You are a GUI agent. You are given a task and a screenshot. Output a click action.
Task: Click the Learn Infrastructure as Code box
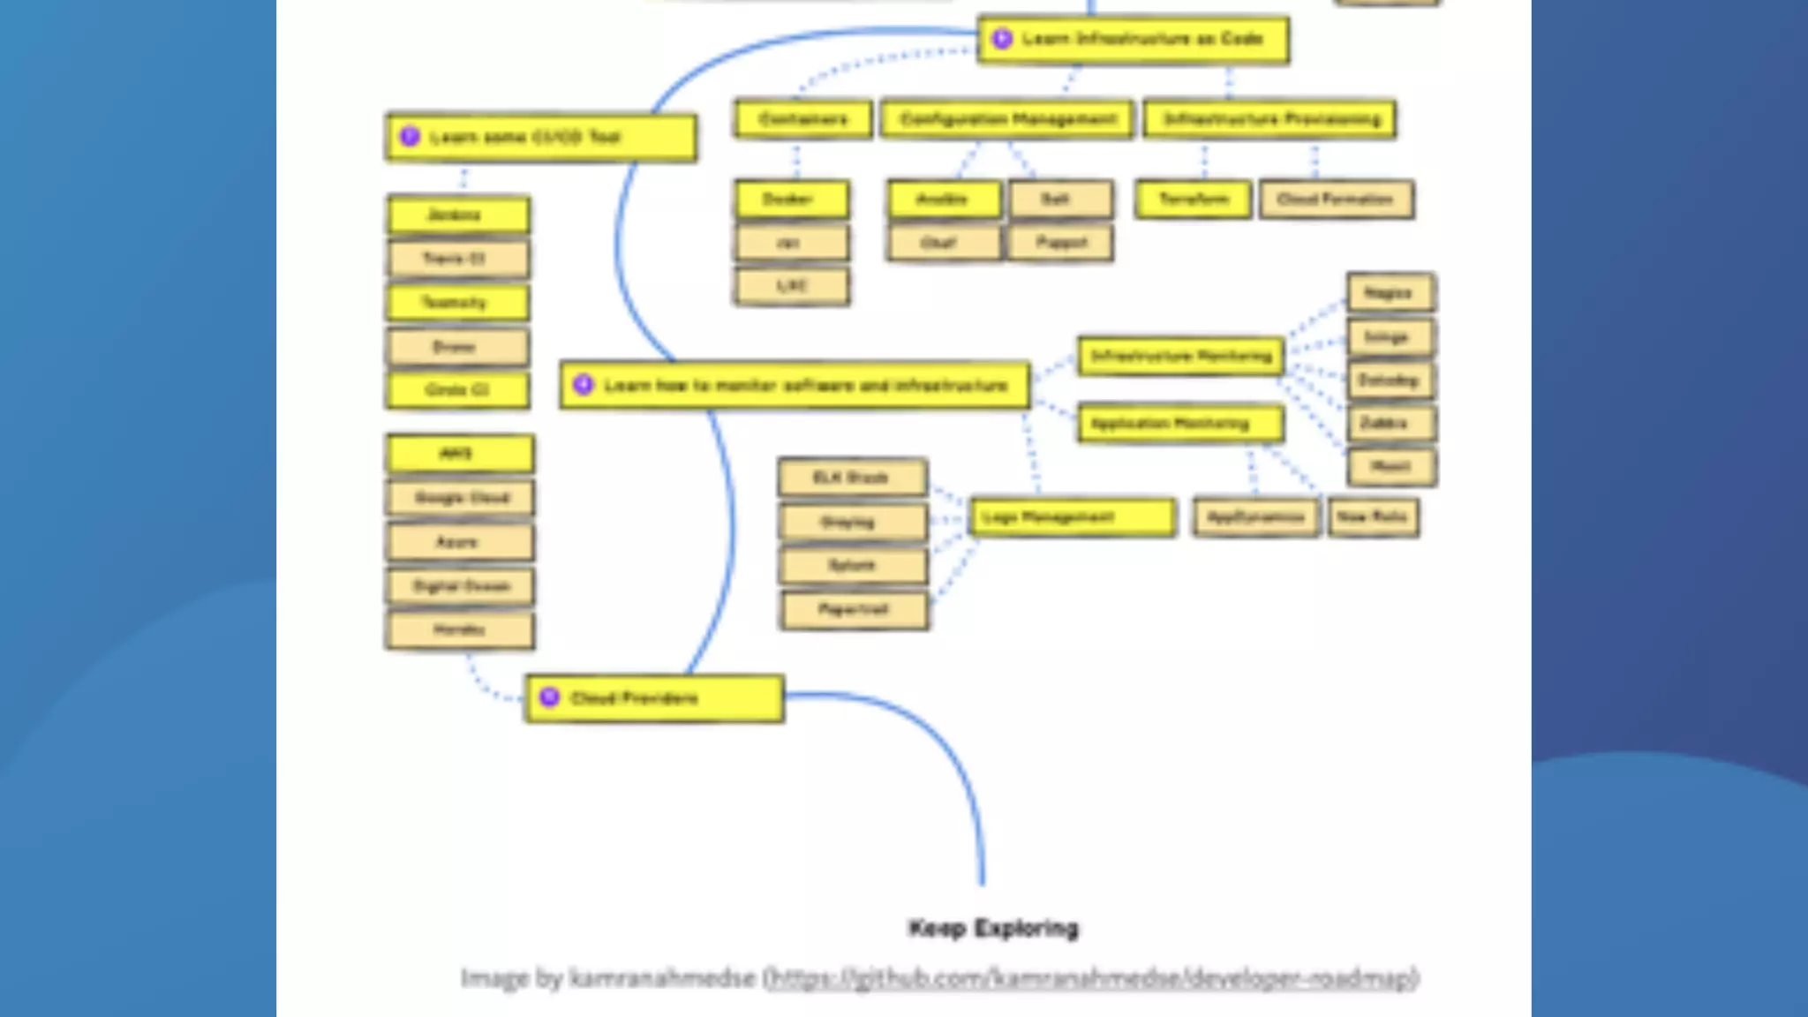pos(1134,40)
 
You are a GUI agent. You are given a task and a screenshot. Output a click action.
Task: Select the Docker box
pos(792,200)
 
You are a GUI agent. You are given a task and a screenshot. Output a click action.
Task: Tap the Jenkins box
pos(458,215)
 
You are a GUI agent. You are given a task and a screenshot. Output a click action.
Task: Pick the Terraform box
pos(1194,200)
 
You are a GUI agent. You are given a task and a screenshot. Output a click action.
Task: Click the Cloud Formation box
pos(1336,200)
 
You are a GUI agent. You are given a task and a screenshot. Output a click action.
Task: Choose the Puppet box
pos(1060,243)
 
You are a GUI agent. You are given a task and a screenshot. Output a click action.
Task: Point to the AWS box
pos(460,454)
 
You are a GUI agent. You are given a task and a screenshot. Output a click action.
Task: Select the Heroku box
pos(460,629)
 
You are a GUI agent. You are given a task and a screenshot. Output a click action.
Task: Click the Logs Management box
pos(1073,517)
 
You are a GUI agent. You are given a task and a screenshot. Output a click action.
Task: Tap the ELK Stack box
pos(852,478)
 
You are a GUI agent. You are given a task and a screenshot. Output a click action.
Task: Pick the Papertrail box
pos(854,609)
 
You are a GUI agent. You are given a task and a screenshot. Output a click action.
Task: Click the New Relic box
pos(1373,517)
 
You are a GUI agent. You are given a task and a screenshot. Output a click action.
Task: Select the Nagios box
pos(1390,293)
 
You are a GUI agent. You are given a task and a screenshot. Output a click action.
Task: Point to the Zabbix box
pos(1390,424)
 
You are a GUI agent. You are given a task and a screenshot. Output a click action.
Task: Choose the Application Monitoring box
pos(1180,424)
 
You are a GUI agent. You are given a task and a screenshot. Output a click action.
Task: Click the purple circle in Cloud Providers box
pos(549,697)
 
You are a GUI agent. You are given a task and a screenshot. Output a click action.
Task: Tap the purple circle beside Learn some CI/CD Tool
pos(410,137)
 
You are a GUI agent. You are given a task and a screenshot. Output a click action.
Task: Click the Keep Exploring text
pos(993,928)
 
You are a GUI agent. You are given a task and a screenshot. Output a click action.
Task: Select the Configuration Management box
pos(1007,119)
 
